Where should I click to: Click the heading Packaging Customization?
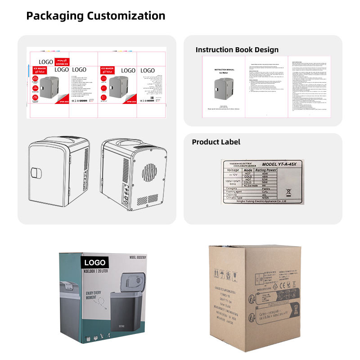[95, 16]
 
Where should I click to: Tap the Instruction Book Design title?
[237, 49]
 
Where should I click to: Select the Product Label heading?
[216, 142]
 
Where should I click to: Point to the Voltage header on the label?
[233, 170]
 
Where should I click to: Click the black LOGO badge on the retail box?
[94, 262]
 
